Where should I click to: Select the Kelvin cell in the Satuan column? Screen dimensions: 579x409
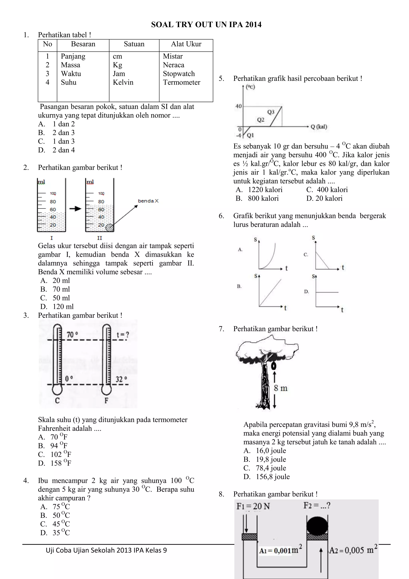click(x=123, y=83)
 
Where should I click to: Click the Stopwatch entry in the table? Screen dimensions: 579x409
click(x=179, y=74)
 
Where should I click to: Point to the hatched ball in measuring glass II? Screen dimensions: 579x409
click(x=110, y=227)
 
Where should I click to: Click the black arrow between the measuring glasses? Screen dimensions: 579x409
click(x=75, y=208)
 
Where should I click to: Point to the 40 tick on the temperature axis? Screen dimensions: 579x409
click(x=238, y=106)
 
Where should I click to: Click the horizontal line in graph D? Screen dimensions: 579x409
click(x=327, y=292)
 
